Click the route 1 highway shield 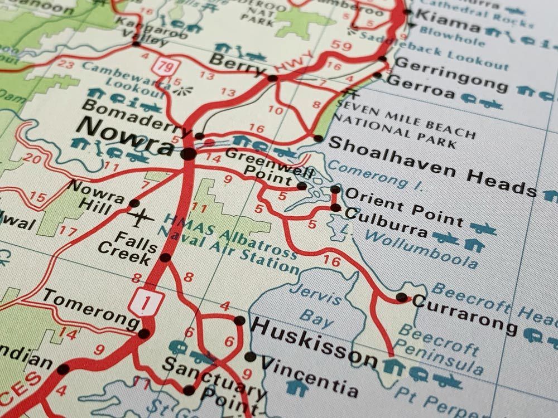tap(147, 302)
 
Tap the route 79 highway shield tap(165, 67)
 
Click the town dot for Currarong tap(402, 297)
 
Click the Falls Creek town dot tap(165, 257)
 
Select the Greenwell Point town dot tap(302, 186)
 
